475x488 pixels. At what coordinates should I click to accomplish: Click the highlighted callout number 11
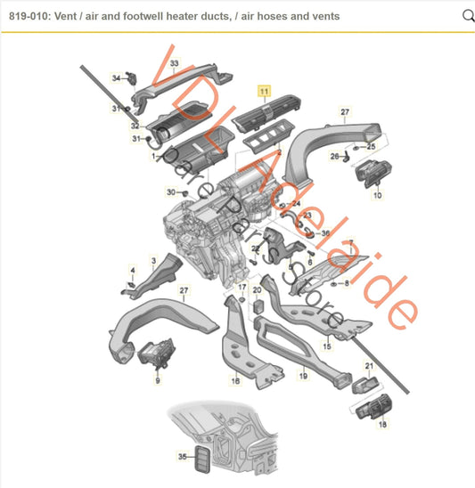(x=264, y=91)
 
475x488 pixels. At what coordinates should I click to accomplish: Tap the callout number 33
(x=175, y=63)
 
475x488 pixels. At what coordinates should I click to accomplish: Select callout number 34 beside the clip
(x=115, y=77)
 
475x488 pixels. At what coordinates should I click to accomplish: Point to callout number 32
(x=135, y=126)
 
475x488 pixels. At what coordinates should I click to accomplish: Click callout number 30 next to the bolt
(x=170, y=192)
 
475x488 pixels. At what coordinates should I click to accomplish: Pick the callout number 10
(x=377, y=195)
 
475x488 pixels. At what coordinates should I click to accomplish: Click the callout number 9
(x=158, y=379)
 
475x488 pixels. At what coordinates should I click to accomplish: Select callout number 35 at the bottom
(x=183, y=457)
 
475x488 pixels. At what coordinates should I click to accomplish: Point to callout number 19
(x=303, y=378)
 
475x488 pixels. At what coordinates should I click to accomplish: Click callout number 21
(x=369, y=365)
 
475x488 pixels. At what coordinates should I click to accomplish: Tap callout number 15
(x=327, y=346)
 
